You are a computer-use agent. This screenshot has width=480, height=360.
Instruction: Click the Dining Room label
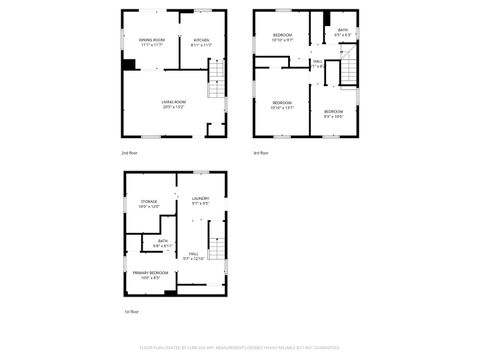click(x=152, y=41)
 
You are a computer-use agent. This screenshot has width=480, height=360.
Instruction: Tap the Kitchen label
click(x=201, y=41)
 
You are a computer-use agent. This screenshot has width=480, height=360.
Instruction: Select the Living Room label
click(x=174, y=104)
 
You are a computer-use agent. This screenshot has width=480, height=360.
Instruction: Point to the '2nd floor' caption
click(x=129, y=153)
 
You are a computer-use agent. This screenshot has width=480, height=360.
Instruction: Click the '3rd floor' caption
click(x=260, y=153)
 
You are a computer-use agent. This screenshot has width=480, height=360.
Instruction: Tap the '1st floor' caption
click(x=131, y=312)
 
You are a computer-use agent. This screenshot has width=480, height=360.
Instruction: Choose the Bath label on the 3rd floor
click(x=342, y=32)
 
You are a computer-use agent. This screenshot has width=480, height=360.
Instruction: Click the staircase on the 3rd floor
click(x=347, y=71)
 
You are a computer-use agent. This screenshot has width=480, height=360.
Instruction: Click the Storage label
click(x=149, y=203)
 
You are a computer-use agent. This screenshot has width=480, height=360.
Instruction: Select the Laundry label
click(x=200, y=201)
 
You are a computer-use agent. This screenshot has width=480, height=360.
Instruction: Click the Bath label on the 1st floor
click(x=163, y=242)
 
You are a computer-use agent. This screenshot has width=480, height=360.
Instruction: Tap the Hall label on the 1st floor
click(x=193, y=255)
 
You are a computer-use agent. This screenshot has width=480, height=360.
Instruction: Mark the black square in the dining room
click(x=129, y=65)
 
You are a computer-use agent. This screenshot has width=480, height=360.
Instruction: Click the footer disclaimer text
click(x=240, y=349)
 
